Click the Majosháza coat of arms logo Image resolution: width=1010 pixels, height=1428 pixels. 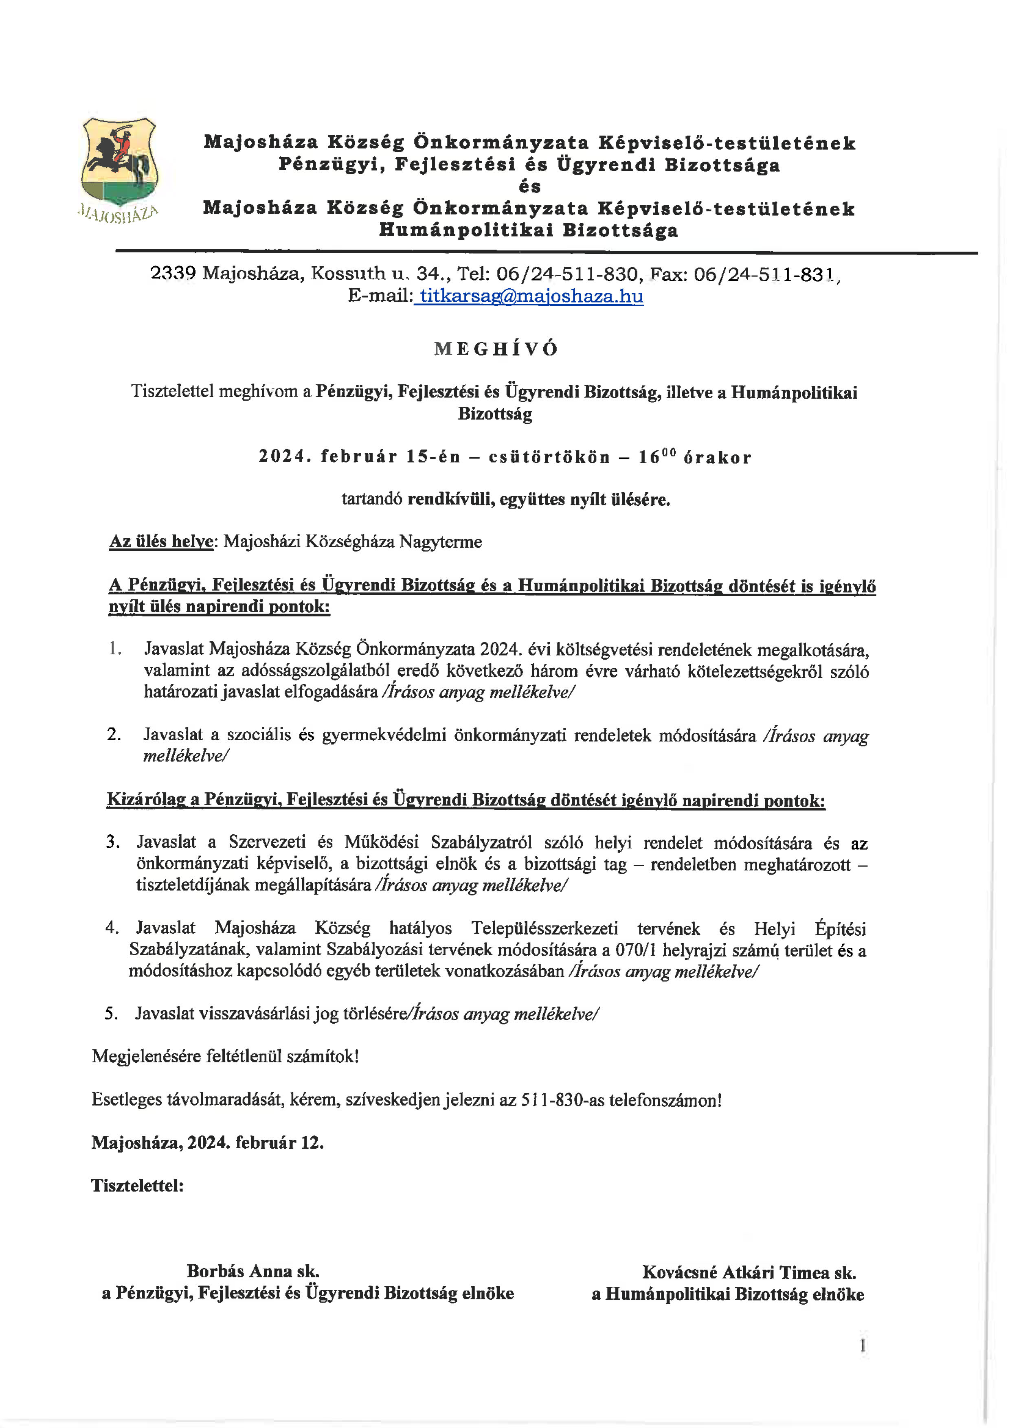(119, 163)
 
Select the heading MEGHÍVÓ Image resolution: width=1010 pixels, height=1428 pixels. (496, 349)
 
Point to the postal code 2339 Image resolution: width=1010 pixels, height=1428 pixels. (173, 273)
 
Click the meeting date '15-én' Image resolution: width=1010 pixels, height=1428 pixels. (433, 457)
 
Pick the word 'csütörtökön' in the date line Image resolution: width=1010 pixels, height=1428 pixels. (549, 457)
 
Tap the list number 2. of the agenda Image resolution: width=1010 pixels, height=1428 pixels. (113, 735)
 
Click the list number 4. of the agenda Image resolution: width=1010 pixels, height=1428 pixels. (112, 928)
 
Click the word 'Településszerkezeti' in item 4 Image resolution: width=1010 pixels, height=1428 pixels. (544, 928)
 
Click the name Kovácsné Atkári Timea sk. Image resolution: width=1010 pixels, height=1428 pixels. (749, 1272)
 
